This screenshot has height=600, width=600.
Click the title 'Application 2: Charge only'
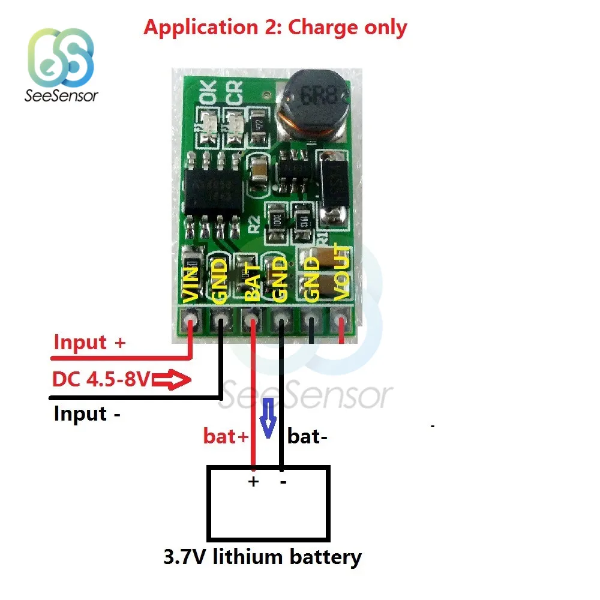click(x=275, y=28)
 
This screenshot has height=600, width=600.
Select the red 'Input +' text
click(x=90, y=343)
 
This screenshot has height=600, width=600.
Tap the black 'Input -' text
click(x=88, y=414)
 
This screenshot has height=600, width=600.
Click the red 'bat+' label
click(x=226, y=437)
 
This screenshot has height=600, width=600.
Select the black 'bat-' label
click(x=307, y=436)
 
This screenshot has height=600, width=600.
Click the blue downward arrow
click(x=269, y=416)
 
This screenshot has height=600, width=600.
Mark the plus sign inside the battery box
click(x=253, y=482)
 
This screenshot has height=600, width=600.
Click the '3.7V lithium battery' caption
click(x=262, y=557)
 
